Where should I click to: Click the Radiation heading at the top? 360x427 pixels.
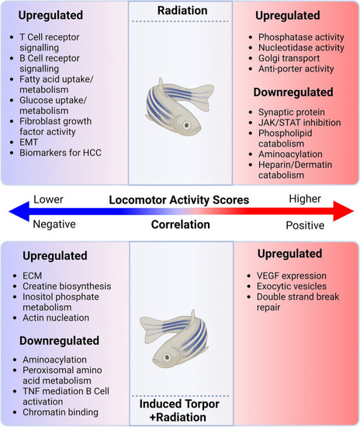point(182,11)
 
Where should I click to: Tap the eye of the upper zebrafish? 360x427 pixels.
point(187,125)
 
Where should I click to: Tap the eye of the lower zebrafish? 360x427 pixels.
point(167,357)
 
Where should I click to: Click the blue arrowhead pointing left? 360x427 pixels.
point(19,211)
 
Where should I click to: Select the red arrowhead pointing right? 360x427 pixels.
point(344,211)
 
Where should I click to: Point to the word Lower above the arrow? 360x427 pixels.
point(48,200)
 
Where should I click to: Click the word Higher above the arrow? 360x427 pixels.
point(305,199)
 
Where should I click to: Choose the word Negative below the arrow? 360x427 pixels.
point(54,224)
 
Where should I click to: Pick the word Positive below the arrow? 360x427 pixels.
point(305,225)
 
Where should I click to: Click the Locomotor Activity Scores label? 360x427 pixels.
point(179,200)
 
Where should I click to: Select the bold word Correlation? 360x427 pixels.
point(181,224)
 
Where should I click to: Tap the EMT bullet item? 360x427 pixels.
point(29,142)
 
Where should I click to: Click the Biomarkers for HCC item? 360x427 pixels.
point(61,153)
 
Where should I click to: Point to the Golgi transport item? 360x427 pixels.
point(289,58)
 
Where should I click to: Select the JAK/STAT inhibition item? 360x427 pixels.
point(299,123)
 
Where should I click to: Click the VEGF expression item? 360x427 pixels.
point(292,276)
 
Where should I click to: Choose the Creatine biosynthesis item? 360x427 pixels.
point(67,286)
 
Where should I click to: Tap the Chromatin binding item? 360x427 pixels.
point(61,412)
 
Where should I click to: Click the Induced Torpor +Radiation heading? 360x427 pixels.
point(179,411)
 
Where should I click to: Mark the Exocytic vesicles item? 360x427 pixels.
point(292,286)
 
